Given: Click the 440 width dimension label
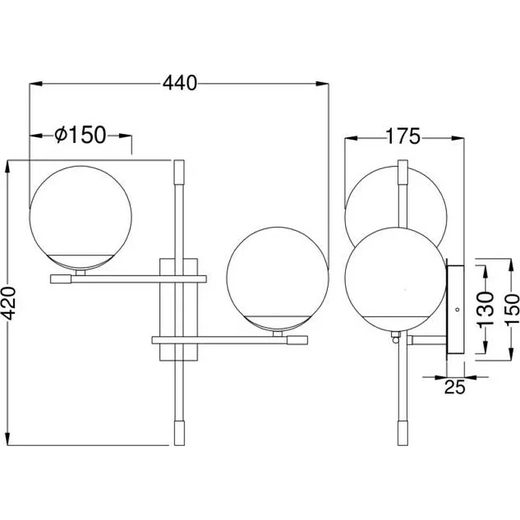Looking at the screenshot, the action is (179, 83).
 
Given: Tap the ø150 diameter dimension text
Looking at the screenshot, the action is (80, 135).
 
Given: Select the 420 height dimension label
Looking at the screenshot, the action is (8, 303).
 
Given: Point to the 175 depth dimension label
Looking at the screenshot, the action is (402, 136).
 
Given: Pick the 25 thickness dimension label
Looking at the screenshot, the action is (454, 387).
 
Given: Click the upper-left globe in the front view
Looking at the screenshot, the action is (80, 217).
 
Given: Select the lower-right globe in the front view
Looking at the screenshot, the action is (278, 279).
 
